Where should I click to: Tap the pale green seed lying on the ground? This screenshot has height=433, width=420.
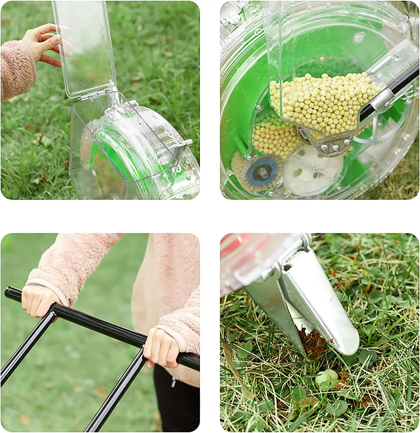tap(327, 377)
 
